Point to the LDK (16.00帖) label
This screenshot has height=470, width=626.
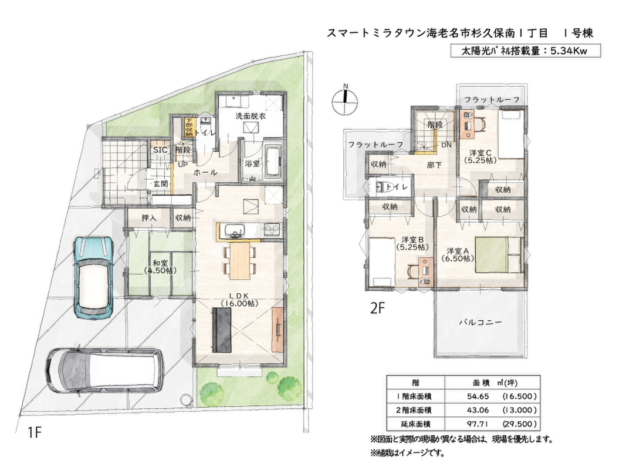[239, 300]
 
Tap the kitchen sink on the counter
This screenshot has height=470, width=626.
[235, 231]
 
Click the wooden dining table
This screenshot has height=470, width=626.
[239, 261]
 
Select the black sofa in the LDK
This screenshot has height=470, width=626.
[222, 331]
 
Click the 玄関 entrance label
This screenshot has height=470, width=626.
[161, 184]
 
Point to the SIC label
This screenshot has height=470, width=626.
[161, 150]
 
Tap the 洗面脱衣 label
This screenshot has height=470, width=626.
[251, 116]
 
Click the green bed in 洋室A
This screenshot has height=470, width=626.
[499, 254]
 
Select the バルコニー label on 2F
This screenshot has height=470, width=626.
[480, 322]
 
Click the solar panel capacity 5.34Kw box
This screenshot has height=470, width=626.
[526, 51]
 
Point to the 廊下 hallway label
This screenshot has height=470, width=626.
[434, 164]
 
